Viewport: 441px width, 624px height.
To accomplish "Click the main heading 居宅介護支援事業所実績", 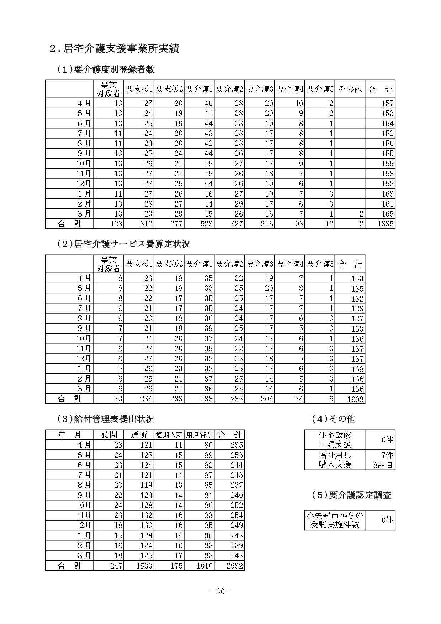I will click(x=114, y=49).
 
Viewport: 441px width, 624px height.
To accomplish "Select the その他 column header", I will click(x=350, y=89).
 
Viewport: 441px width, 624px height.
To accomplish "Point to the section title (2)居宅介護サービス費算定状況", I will click(x=124, y=244).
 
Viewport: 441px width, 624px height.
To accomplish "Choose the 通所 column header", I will click(x=139, y=435).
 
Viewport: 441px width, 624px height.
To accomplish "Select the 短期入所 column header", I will click(x=169, y=435).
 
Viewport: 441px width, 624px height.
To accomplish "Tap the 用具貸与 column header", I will click(x=199, y=435).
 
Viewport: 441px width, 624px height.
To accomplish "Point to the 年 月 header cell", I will click(x=70, y=435).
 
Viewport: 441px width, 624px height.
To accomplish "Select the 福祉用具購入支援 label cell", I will click(x=335, y=460).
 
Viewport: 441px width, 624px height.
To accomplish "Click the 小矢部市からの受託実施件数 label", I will click(x=335, y=520).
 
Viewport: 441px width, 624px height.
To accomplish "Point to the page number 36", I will click(x=220, y=592).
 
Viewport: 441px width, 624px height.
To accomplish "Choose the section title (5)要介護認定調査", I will click(x=351, y=495).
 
